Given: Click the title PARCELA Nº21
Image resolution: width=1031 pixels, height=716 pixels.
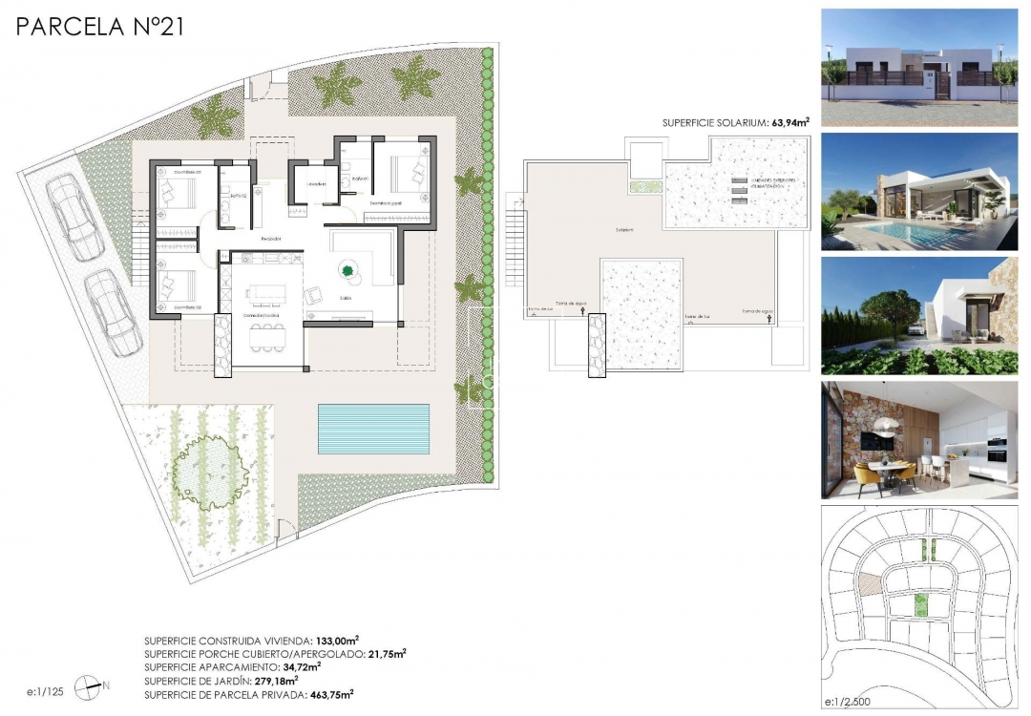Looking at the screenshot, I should tap(99, 27).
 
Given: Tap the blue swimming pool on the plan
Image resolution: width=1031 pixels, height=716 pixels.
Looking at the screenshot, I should tap(373, 429).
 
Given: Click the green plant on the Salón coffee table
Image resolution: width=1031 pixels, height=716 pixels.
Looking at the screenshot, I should tap(347, 270).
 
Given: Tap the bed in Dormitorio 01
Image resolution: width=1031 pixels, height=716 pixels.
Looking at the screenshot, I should tap(179, 192).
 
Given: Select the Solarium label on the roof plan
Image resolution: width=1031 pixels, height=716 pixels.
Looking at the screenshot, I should tap(625, 230).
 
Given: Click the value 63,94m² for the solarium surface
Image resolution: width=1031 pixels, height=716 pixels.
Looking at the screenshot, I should tap(784, 122).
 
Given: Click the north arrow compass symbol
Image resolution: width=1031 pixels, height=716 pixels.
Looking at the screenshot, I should tap(88, 684).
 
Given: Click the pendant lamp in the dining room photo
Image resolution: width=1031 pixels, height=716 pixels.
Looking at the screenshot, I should tap(883, 426).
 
